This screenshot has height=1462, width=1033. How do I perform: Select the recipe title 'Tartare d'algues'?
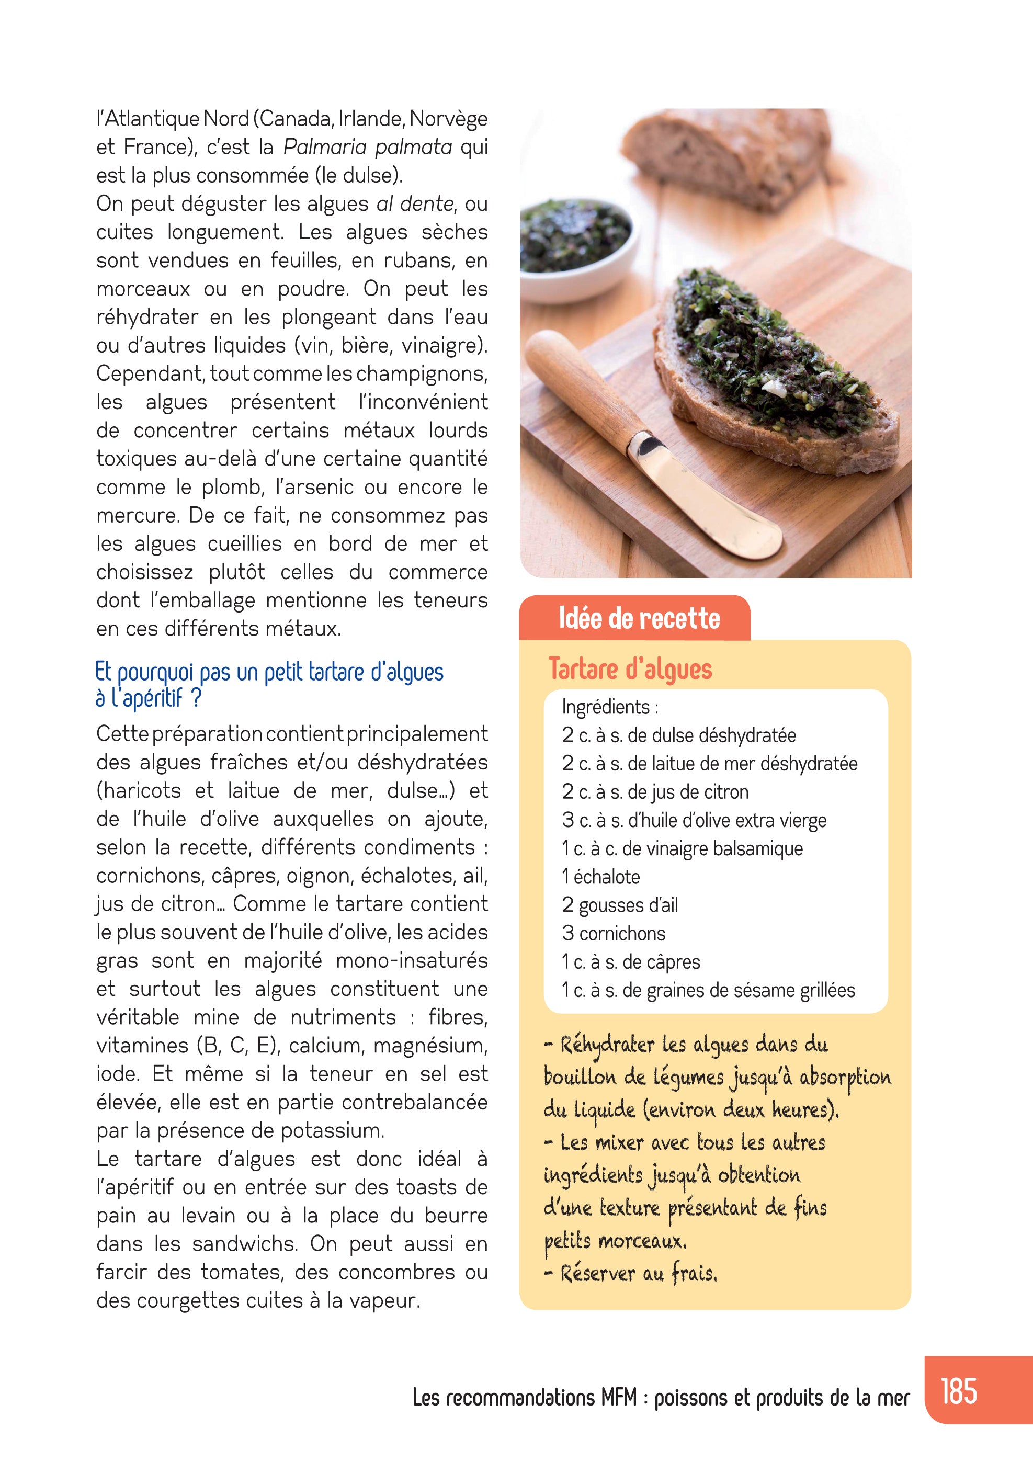(630, 669)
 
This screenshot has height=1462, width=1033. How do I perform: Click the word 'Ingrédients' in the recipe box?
(605, 707)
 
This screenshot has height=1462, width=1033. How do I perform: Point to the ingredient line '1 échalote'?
(600, 877)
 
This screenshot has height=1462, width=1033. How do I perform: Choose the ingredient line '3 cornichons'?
(614, 934)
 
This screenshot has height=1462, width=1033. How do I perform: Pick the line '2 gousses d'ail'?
(620, 905)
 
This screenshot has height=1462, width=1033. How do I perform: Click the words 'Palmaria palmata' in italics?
(368, 147)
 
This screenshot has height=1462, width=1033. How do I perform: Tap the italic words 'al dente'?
(415, 204)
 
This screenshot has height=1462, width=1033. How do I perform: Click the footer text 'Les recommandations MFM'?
(524, 1398)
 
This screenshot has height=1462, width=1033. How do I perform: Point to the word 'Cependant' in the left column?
(150, 374)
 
